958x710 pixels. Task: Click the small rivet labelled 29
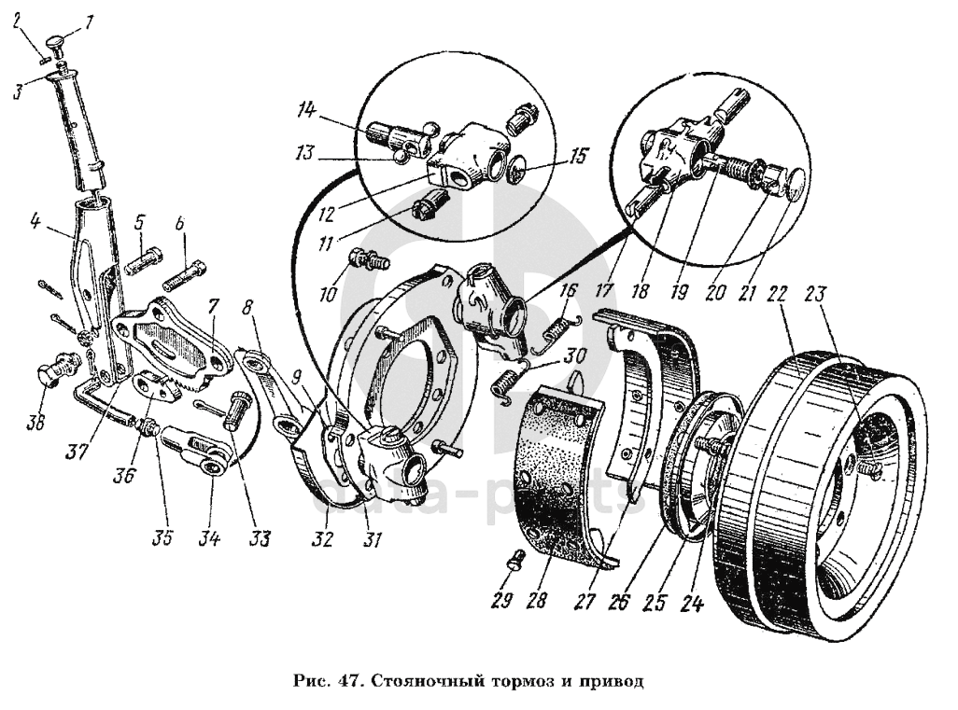click(x=515, y=560)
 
